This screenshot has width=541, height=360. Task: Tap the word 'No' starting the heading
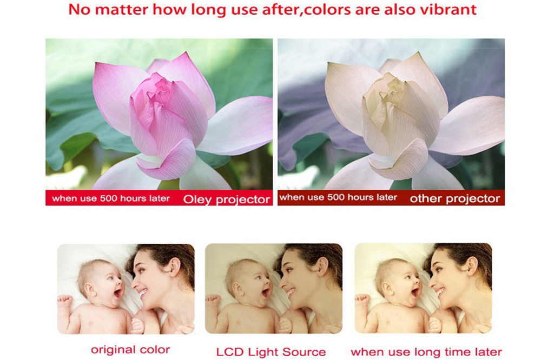(x=80, y=9)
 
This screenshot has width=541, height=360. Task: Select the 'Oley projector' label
(x=226, y=199)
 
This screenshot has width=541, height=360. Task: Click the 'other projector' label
(x=455, y=198)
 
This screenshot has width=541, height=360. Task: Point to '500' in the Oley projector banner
(x=109, y=198)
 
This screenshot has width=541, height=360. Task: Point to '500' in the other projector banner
(x=336, y=197)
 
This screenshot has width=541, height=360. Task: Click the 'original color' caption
(x=130, y=350)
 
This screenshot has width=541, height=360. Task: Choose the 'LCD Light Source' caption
(x=271, y=352)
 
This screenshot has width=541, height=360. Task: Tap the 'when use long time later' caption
(x=426, y=352)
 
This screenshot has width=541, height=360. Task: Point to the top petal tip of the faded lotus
(x=419, y=52)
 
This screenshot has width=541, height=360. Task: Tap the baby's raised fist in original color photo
(x=65, y=300)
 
